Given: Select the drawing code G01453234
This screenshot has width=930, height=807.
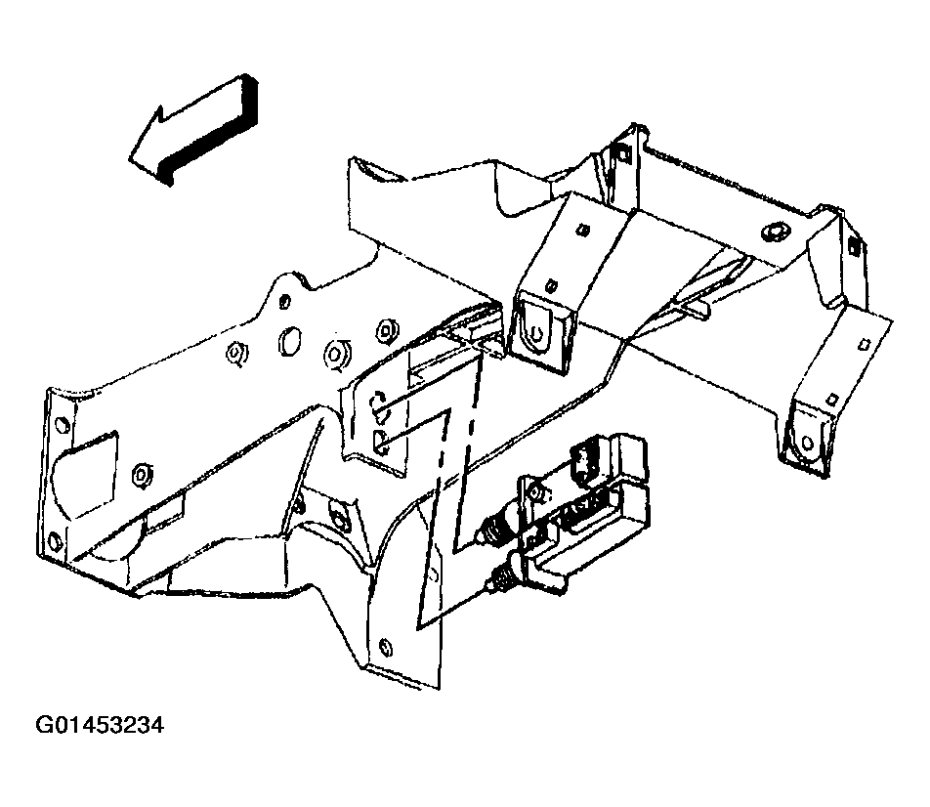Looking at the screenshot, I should [100, 727].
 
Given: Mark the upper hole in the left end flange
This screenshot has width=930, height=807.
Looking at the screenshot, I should [60, 425].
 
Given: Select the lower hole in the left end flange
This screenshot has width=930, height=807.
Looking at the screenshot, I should [55, 543].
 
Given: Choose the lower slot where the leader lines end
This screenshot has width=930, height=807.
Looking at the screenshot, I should [382, 440].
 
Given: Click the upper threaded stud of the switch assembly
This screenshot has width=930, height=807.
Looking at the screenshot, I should [494, 531].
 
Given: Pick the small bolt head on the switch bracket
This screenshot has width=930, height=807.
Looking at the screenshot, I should [534, 490].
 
